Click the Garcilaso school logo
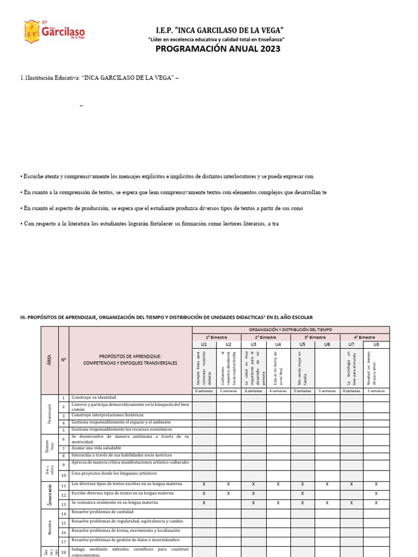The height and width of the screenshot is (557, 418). point(54,32)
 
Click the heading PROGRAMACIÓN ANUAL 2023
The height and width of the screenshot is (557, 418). point(218,49)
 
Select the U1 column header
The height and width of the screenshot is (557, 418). point(204,344)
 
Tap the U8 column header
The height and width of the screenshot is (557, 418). point(377,344)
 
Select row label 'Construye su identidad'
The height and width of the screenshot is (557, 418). point(94,398)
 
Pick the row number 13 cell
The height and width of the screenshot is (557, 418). point(63,504)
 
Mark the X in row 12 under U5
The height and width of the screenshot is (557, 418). point(303,493)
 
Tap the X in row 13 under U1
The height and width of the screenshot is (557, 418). point(204,503)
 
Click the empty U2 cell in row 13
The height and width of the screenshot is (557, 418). point(229,503)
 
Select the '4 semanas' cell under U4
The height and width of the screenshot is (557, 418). point(278,391)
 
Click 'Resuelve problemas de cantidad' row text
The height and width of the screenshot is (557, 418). point(103,512)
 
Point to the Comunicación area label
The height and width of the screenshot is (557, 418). point(50,493)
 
